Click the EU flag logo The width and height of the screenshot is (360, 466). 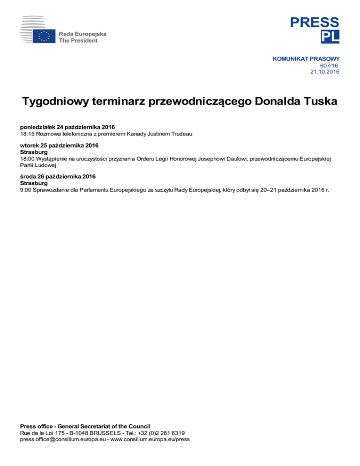[45, 37]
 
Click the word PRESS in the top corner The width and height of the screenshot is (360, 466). [314, 22]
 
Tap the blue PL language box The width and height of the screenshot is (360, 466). [330, 37]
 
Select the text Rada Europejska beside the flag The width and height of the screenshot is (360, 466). [82, 34]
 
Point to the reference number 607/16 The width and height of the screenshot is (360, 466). [329, 66]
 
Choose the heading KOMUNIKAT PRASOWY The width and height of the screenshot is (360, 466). [306, 59]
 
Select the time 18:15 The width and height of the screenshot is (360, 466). [27, 134]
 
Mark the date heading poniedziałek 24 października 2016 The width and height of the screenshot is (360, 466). [67, 128]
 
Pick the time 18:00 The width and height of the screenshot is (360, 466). [27, 159]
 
